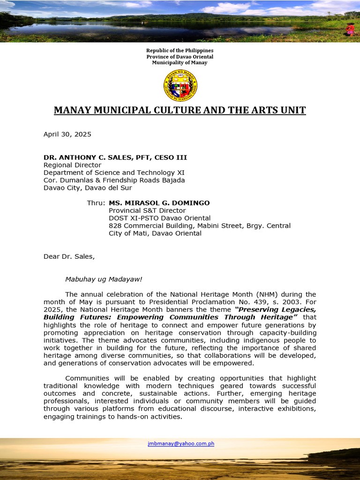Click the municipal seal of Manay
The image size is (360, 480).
(x=180, y=85)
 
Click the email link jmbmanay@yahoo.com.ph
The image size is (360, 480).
(x=181, y=443)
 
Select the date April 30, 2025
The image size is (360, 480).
(x=67, y=134)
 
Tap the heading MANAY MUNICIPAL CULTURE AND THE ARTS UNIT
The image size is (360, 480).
(x=180, y=110)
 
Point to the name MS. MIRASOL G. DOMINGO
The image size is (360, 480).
(x=159, y=203)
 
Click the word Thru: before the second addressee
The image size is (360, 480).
(x=96, y=203)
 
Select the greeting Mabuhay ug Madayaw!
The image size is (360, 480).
(x=103, y=279)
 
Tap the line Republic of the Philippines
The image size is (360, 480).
(x=180, y=51)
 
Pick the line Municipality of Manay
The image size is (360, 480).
(x=180, y=63)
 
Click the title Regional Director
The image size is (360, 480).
(x=72, y=165)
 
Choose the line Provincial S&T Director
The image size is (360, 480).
(x=147, y=210)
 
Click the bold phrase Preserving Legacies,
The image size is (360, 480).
(x=276, y=309)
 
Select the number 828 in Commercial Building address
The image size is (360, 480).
(x=115, y=225)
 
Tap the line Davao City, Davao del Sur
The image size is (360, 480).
(x=88, y=187)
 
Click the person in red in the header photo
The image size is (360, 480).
(x=350, y=29)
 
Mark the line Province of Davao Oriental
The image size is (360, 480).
(x=180, y=57)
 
